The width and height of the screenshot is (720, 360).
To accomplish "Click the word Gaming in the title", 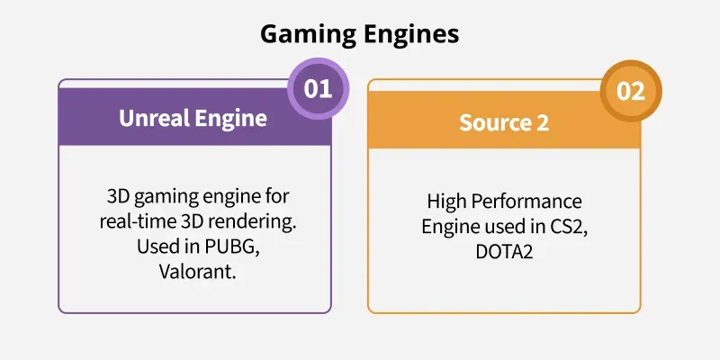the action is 308,35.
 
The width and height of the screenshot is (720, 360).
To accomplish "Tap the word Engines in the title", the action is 411,35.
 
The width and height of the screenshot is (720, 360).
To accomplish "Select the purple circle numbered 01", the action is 318,88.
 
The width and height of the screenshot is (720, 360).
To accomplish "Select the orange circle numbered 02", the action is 631,91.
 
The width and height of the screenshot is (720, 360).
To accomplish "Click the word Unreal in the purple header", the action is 153,119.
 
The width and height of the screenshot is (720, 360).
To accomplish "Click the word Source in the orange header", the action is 493,122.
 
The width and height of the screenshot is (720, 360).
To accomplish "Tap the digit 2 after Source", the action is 542,122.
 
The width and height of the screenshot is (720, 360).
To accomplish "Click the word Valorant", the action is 198,272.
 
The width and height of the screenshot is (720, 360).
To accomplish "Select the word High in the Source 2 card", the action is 444,202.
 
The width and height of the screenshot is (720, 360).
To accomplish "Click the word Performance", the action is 524,202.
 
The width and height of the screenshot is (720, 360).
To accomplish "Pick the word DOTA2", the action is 504,252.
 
